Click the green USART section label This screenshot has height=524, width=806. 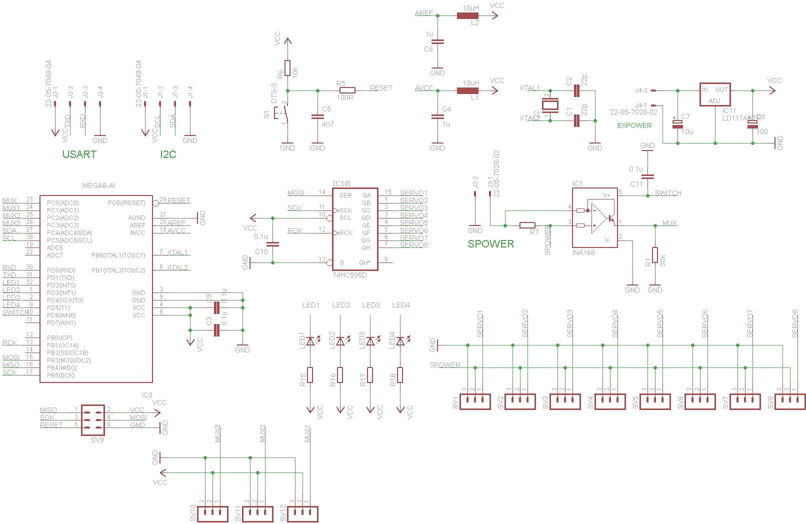pos(79,154)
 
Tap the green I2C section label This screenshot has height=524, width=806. pos(168,154)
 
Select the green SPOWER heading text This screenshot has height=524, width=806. pos(490,244)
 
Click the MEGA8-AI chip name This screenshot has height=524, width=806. pos(98,185)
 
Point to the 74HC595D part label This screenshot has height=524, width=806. pos(349,275)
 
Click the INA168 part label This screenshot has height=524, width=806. pos(583,252)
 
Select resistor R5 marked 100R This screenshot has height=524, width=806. pos(347,90)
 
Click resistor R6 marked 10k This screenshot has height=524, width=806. pos(287,68)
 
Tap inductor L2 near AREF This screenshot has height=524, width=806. pos(467,16)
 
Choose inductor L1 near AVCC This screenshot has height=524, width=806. pos(467,90)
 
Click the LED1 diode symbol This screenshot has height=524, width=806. pos(310,341)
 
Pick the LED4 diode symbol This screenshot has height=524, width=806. pos(400,341)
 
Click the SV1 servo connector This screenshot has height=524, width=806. pos(474,401)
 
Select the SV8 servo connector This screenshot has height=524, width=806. pos(790,401)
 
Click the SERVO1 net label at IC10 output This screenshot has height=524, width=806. pos(413,193)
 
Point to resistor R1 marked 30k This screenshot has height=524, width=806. pos(655,255)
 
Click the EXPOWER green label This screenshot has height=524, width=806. pos(634,125)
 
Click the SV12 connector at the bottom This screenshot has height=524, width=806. pos(302,513)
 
